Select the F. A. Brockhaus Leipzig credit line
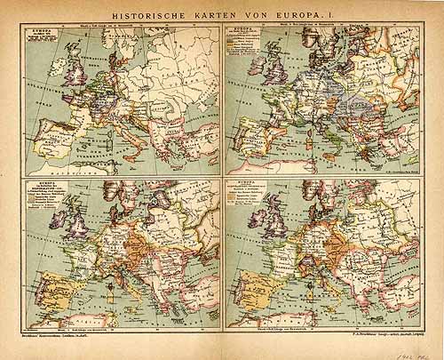(374, 339)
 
